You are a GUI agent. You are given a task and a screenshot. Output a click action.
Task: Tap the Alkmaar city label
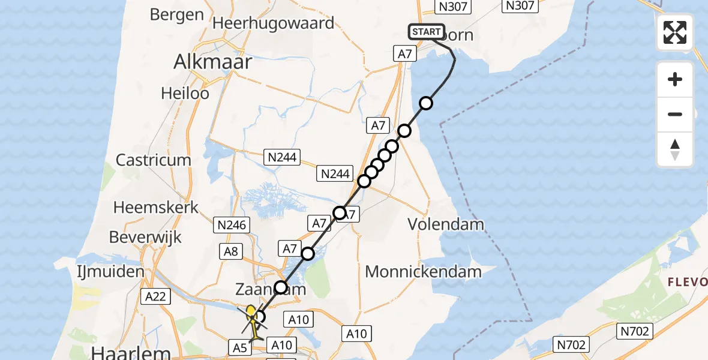(x=212, y=61)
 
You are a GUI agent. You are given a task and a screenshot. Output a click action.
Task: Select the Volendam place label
(x=446, y=224)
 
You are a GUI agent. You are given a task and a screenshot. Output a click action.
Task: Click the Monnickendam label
(x=423, y=272)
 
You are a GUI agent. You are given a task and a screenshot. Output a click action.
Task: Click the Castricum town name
(x=153, y=160)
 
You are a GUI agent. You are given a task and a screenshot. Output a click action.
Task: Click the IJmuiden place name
(x=110, y=271)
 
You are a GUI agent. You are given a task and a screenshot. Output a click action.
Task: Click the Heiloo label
(x=185, y=94)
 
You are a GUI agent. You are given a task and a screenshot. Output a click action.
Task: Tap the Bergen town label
(x=176, y=14)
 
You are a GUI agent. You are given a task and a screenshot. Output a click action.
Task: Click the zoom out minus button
(x=675, y=115)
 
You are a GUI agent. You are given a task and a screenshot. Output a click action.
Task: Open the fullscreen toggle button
(x=675, y=32)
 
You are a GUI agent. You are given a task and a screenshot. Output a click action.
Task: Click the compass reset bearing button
(x=675, y=149)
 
